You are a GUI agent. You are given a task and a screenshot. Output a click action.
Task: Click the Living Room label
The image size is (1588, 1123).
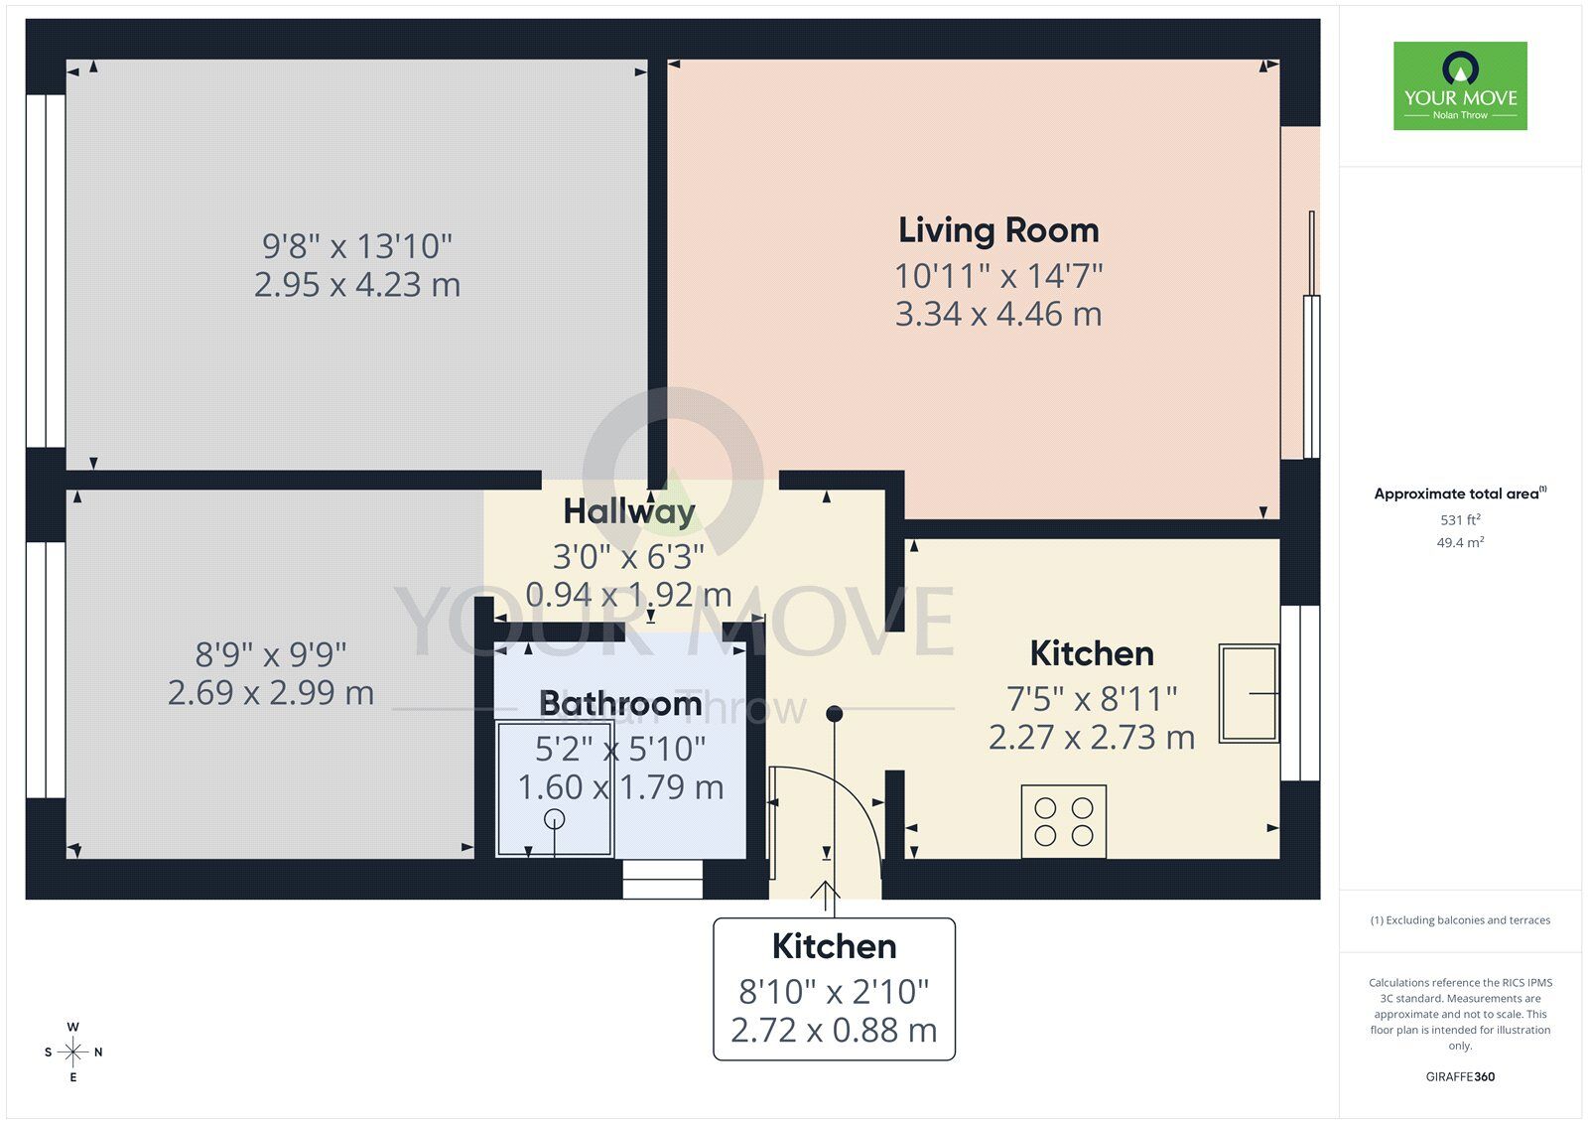point(998,230)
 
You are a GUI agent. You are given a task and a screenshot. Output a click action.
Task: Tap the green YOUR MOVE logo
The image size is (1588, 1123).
point(1460,85)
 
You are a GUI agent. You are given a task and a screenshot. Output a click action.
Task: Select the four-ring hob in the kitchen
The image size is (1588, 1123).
point(1064,822)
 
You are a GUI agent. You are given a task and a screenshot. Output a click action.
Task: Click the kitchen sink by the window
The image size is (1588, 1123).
point(1249,693)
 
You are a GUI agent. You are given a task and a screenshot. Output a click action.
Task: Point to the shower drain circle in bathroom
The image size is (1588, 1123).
point(555,819)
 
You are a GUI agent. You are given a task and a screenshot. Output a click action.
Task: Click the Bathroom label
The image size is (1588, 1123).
point(620,703)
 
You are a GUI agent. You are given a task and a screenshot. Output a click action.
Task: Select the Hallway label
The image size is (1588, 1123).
point(629,511)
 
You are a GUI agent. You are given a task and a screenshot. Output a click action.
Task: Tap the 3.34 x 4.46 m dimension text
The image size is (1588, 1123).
point(998,315)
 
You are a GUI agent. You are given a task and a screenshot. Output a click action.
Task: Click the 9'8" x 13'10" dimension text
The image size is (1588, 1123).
point(357,245)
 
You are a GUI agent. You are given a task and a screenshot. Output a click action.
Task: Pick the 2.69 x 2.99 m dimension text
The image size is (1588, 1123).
point(271,692)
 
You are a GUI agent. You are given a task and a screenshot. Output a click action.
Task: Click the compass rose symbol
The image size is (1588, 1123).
point(73,1052)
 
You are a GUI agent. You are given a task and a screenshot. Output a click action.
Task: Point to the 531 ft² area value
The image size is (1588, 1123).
point(1460,519)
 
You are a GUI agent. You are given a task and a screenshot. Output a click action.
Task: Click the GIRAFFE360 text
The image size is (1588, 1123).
point(1460,1076)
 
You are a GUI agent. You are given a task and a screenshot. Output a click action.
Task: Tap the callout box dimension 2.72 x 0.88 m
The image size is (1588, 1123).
point(834,1031)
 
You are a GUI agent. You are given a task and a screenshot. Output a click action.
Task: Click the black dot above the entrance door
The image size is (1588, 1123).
point(835,713)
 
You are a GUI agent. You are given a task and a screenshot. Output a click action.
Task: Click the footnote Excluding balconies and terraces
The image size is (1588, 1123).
point(1460,920)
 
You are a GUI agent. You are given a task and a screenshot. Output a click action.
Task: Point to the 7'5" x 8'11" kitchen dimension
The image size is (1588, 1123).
point(1092,699)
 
